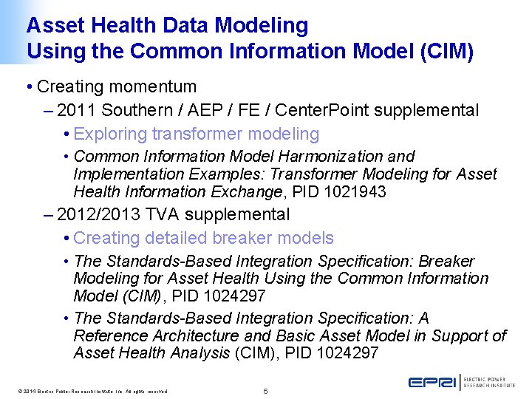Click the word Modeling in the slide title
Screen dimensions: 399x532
262,26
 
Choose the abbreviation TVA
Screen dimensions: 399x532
161,215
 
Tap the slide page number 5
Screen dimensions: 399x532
266,390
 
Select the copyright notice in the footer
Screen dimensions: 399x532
89,391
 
